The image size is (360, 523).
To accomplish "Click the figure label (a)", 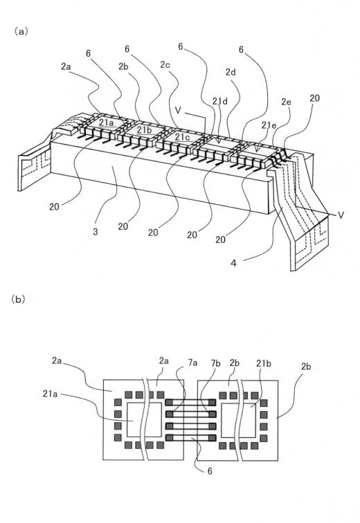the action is (x=21, y=31).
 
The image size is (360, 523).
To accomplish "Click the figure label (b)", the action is (x=19, y=299).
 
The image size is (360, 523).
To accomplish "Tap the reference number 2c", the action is (x=165, y=65).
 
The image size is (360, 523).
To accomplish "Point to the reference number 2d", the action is (x=231, y=72).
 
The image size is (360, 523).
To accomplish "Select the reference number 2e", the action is (x=286, y=102).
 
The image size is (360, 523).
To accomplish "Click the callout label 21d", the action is (x=220, y=100).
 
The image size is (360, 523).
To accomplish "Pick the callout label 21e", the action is (x=269, y=125).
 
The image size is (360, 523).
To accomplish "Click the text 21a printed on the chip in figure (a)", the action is (x=106, y=123).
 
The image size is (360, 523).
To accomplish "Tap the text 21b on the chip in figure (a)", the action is (x=144, y=130).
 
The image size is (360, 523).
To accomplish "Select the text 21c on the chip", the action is (x=183, y=136).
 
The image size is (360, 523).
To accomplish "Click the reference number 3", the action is (x=96, y=232).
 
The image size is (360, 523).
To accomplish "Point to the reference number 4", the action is (x=233, y=263).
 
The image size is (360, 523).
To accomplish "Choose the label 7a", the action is (x=193, y=363).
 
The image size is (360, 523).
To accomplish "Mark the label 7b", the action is (x=216, y=363).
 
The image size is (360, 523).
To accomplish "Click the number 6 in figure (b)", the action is (x=210, y=470).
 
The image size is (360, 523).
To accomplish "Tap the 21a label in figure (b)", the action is (x=50, y=394).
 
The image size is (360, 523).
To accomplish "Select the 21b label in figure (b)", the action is (x=264, y=363).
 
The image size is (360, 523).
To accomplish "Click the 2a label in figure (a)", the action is (x=66, y=66).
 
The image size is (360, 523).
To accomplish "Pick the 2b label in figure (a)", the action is (x=123, y=66).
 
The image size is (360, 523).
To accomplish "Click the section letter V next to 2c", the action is (x=179, y=110).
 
